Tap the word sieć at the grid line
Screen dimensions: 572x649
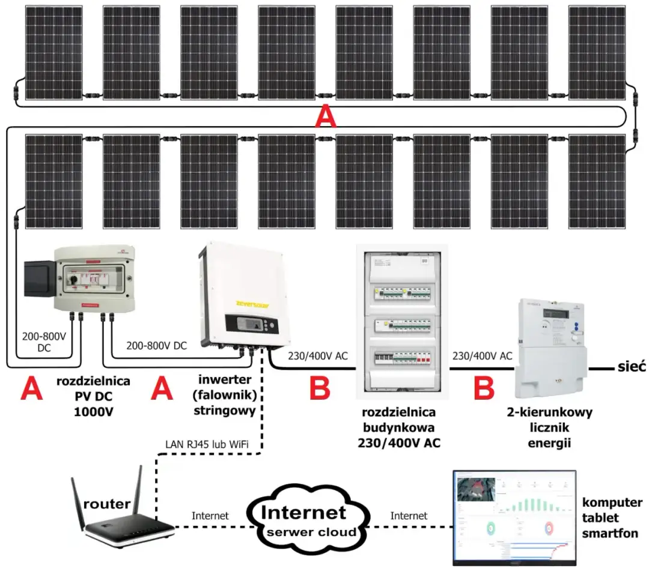coord(630,366)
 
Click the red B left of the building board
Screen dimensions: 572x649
coord(320,388)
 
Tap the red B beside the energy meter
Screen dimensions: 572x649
coord(483,388)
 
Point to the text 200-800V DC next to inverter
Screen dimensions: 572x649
coord(156,346)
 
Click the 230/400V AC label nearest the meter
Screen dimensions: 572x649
coord(481,356)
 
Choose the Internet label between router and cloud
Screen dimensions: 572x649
coord(210,516)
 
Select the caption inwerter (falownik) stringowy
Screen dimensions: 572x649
coord(225,396)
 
